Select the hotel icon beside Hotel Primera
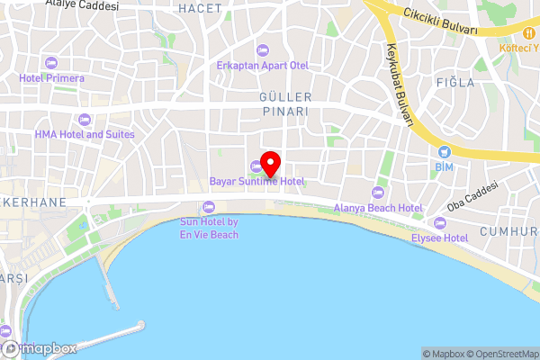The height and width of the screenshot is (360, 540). tap(51, 62)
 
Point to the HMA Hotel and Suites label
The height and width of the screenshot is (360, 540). tap(85, 134)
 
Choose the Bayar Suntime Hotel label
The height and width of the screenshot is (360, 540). tap(256, 181)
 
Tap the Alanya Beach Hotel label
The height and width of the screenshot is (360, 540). tap(378, 208)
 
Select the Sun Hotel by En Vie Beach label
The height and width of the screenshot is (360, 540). tap(209, 228)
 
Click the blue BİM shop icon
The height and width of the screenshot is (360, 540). tap(445, 151)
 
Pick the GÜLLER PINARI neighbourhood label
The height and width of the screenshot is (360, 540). tap(284, 103)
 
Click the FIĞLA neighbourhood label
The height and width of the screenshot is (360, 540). tap(455, 83)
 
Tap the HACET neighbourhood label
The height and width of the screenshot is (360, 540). tap(200, 8)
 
